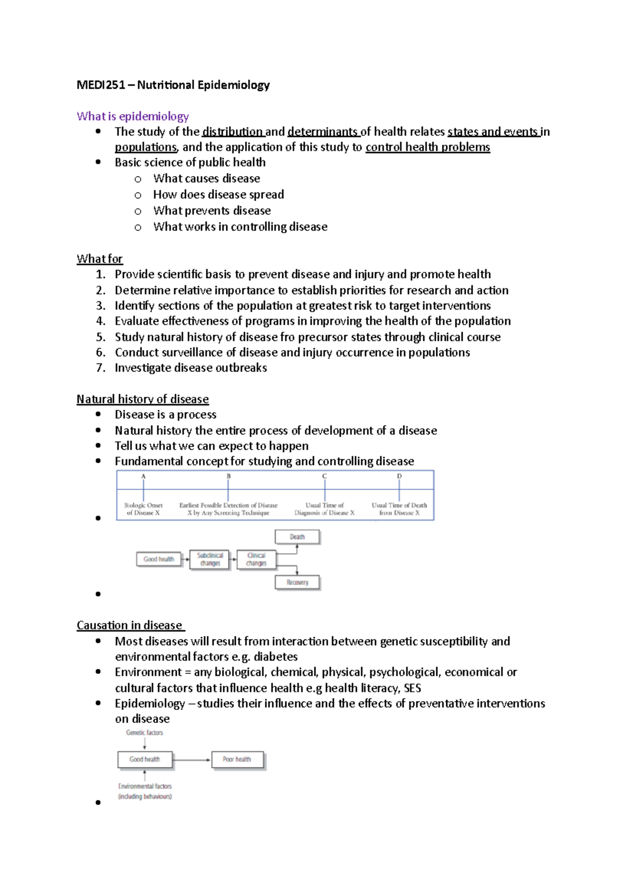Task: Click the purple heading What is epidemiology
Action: [x=132, y=116]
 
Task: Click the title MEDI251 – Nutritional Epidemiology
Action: [x=173, y=85]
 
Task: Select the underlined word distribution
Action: [x=232, y=131]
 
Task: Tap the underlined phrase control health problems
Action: [x=427, y=147]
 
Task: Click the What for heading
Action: [x=99, y=259]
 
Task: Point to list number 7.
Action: [x=101, y=368]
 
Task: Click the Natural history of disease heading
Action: [x=142, y=399]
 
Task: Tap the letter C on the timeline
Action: [x=324, y=476]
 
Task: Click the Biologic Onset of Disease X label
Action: [x=143, y=509]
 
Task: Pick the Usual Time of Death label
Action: [x=399, y=509]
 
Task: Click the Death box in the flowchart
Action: [x=297, y=537]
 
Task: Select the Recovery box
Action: [x=297, y=583]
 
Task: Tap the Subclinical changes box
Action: [x=210, y=559]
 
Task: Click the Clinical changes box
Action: [x=256, y=559]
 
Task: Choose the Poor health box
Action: [x=237, y=759]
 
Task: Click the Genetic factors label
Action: [x=145, y=732]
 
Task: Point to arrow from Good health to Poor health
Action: [x=191, y=760]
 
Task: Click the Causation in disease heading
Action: [x=130, y=625]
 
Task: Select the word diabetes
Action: [x=275, y=657]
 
